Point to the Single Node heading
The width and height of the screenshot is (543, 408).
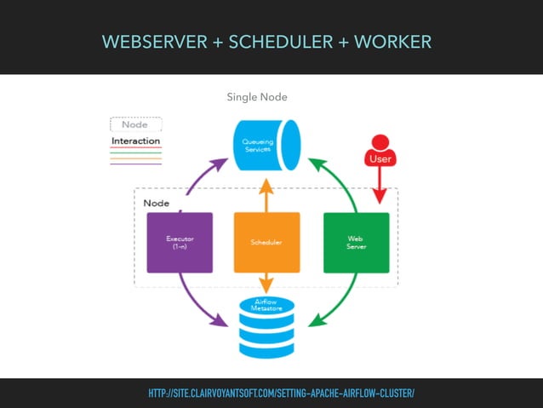click(x=256, y=97)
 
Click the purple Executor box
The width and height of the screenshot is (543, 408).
click(x=180, y=243)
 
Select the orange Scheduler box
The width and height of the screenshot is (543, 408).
click(x=266, y=243)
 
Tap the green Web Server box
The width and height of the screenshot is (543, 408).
click(x=357, y=243)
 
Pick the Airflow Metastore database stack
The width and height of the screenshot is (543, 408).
click(x=266, y=325)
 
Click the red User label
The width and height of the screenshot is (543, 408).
click(x=380, y=158)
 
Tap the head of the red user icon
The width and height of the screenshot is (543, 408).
click(x=380, y=141)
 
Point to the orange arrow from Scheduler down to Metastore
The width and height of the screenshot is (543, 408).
click(x=266, y=283)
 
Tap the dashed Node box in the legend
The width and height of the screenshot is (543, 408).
click(x=134, y=124)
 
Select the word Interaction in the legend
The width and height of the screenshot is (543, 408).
click(x=135, y=141)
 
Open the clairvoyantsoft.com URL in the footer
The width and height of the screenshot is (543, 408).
click(x=281, y=394)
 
